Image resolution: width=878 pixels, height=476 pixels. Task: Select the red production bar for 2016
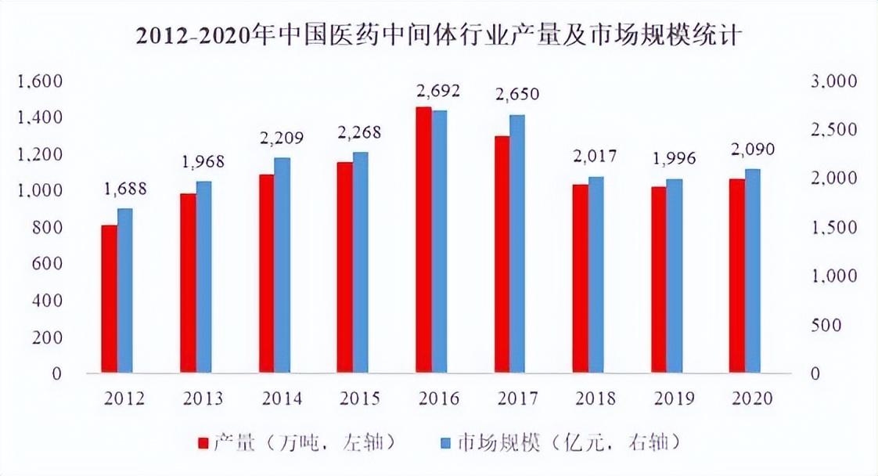[x=423, y=239]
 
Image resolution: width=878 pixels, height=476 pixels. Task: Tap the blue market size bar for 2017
[x=517, y=243]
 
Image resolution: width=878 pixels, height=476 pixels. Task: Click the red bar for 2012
[x=109, y=298]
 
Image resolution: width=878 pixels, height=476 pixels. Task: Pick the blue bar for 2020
[x=753, y=270]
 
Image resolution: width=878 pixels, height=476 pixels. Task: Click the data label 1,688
[x=124, y=189]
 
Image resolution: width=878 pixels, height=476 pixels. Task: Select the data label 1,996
[x=674, y=159]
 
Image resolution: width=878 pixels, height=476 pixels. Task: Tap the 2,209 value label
[x=282, y=139]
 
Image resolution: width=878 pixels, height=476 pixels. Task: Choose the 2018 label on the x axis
[x=596, y=398]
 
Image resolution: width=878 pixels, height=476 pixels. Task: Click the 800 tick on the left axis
[x=46, y=228]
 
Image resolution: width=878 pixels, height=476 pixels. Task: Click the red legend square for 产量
[x=203, y=444]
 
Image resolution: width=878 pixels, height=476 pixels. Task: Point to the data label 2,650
[x=517, y=96]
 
